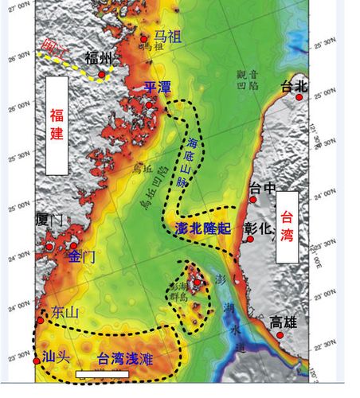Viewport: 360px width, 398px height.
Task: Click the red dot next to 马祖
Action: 143,39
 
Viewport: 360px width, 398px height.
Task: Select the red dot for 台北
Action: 299,97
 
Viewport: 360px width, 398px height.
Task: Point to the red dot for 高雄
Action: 280,335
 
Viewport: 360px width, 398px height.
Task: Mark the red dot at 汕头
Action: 37,361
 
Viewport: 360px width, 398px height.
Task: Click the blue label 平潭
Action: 157,88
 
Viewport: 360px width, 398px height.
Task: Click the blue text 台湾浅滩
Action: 124,360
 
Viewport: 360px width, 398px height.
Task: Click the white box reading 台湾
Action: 286,226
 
